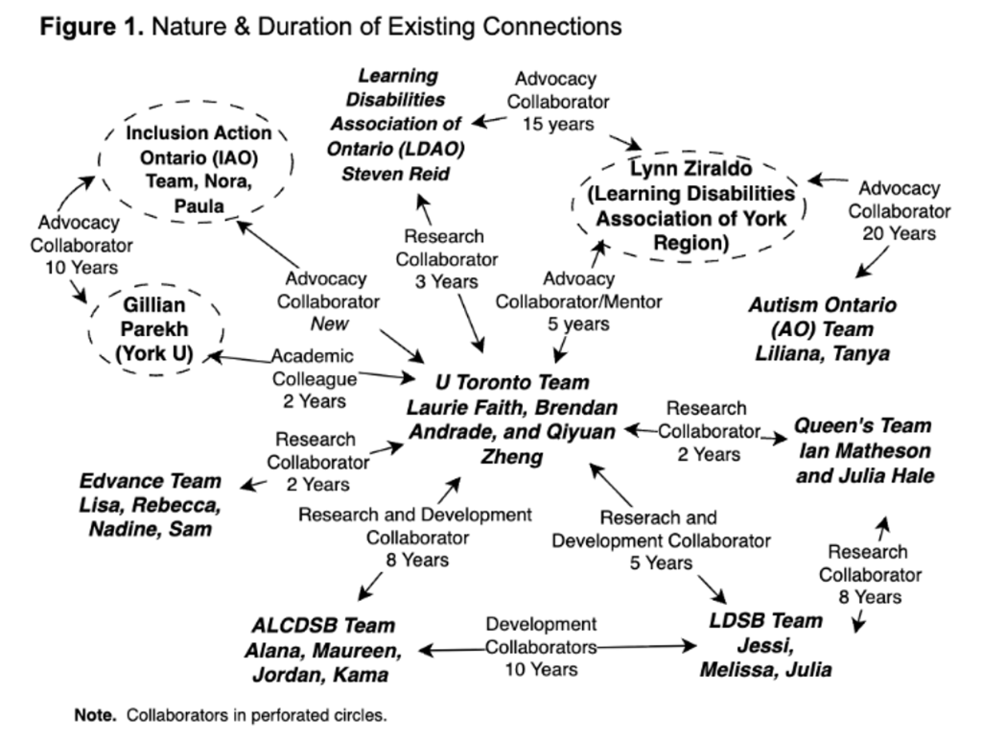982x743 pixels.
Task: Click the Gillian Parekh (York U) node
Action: click(x=155, y=329)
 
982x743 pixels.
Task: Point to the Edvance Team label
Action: click(x=150, y=504)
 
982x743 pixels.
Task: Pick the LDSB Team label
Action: click(x=765, y=644)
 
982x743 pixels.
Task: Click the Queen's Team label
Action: click(x=863, y=450)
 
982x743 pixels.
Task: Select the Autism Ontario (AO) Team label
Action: click(x=822, y=329)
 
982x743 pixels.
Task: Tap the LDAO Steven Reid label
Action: click(x=397, y=124)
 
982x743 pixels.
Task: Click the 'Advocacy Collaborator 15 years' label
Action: click(x=557, y=101)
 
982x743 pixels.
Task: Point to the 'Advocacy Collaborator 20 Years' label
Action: click(x=899, y=210)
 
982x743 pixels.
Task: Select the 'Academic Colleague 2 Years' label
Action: click(x=314, y=378)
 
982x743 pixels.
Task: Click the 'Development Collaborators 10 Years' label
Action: click(x=542, y=646)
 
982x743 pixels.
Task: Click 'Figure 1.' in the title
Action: click(x=92, y=26)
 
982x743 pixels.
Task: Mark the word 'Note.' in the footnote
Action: click(x=96, y=715)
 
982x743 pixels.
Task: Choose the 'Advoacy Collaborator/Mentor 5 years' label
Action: click(x=578, y=301)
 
